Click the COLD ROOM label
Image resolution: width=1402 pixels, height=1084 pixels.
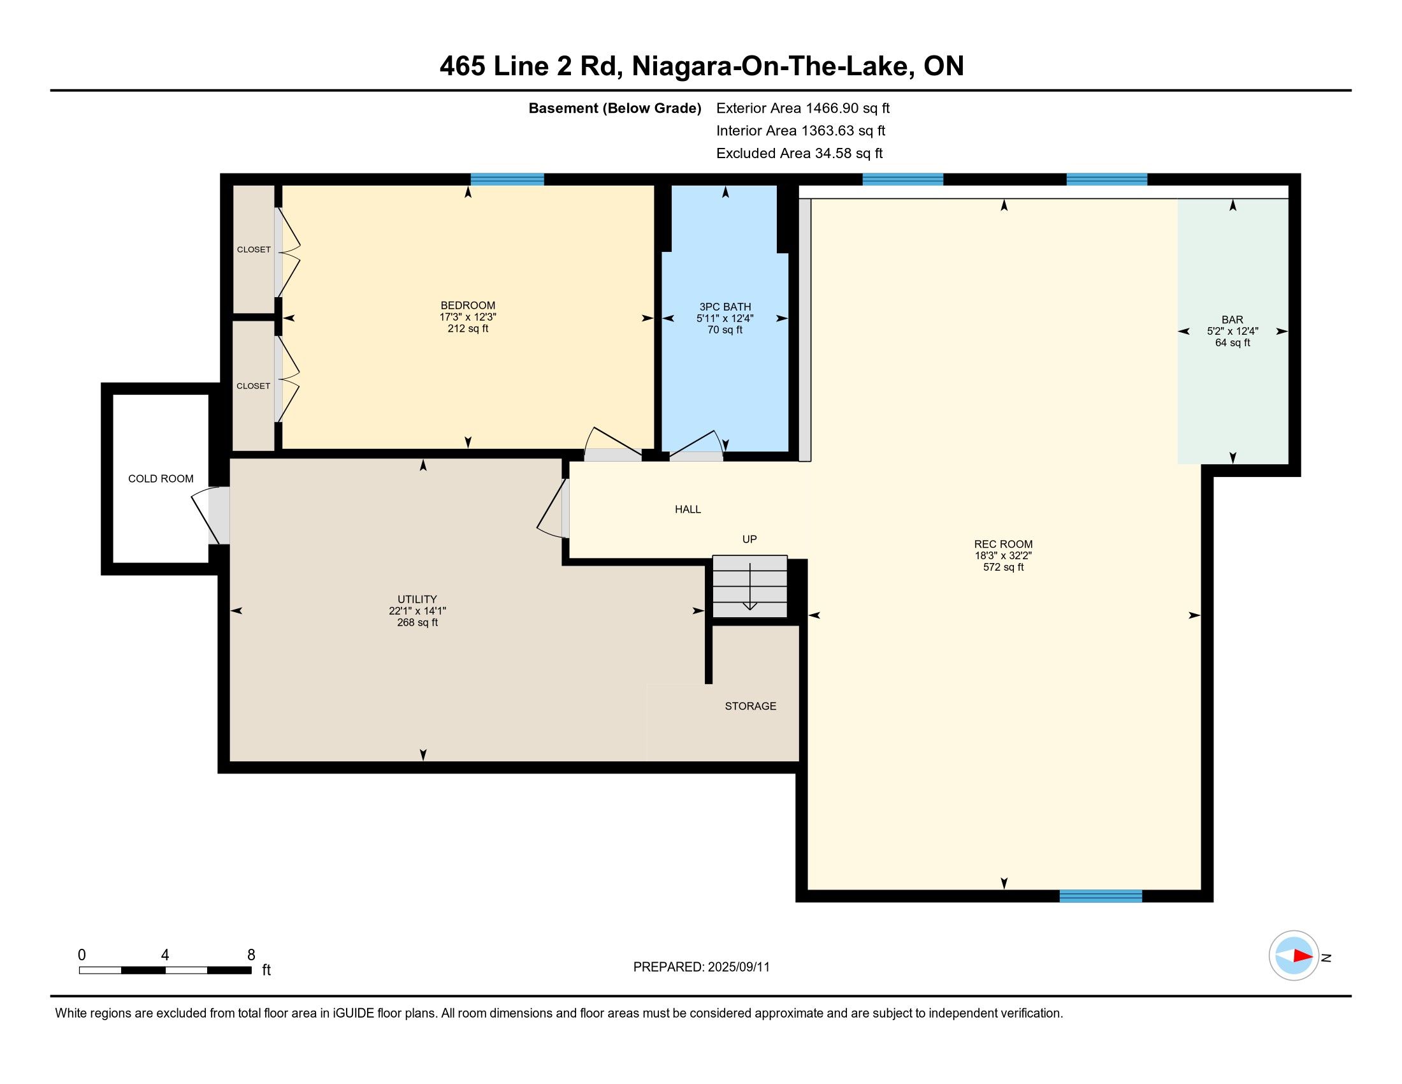pyautogui.click(x=161, y=478)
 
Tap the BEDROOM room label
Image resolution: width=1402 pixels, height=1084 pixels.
pyautogui.click(x=467, y=305)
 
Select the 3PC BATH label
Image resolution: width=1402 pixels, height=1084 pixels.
pyautogui.click(x=725, y=307)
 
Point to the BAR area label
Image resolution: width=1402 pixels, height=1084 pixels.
pyautogui.click(x=1232, y=320)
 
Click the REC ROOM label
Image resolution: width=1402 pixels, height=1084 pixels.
pyautogui.click(x=1002, y=545)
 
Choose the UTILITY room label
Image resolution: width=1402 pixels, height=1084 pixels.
pyautogui.click(x=417, y=599)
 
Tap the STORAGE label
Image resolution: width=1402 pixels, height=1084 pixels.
pyautogui.click(x=751, y=707)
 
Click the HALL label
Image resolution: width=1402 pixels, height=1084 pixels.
pyautogui.click(x=688, y=509)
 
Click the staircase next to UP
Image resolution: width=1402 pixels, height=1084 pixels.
pyautogui.click(x=750, y=586)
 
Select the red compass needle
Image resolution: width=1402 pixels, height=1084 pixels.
pyautogui.click(x=1303, y=956)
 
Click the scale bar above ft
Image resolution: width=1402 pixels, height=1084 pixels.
pyautogui.click(x=165, y=970)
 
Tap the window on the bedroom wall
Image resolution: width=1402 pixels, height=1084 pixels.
pyautogui.click(x=507, y=179)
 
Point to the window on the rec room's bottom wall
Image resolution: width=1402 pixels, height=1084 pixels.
pyautogui.click(x=1101, y=896)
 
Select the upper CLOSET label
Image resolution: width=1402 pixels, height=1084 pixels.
pyautogui.click(x=254, y=250)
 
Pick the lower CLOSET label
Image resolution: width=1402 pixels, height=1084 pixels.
pyautogui.click(x=254, y=386)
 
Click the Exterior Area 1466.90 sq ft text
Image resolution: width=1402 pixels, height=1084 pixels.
pyautogui.click(x=802, y=108)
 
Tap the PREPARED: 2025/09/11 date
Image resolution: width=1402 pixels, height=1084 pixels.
pyautogui.click(x=701, y=967)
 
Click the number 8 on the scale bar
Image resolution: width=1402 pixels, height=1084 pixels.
pyautogui.click(x=251, y=955)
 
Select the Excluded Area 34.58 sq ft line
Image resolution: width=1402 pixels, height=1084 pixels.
pyautogui.click(x=799, y=154)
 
